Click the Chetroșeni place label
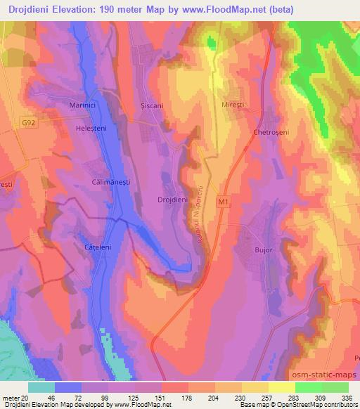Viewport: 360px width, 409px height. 272,131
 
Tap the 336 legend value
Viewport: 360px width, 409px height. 347,397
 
